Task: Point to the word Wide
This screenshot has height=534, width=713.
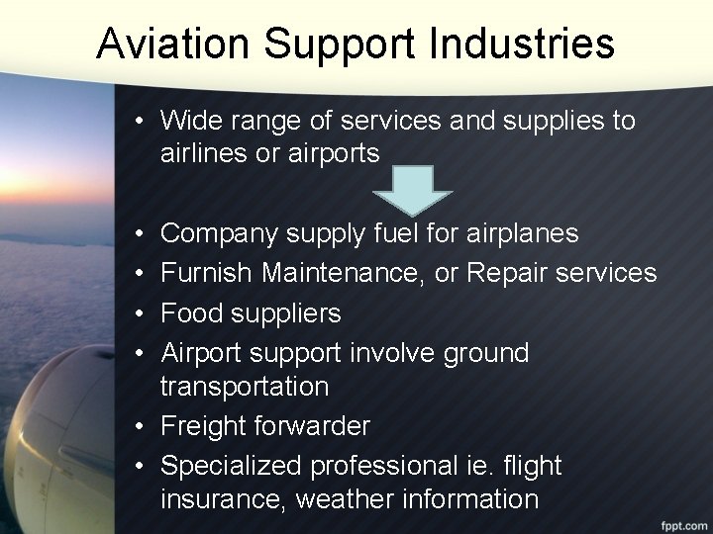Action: point(188,121)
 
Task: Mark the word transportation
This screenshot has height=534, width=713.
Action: point(244,386)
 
